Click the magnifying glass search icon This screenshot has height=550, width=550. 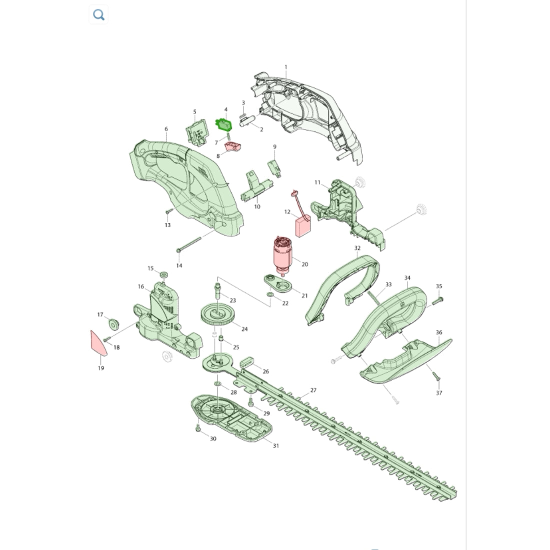[98, 14]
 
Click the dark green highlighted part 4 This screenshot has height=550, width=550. [223, 124]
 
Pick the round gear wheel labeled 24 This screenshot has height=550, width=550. [217, 314]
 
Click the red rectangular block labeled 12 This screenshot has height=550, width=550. [302, 226]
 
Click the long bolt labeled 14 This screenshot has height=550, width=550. [189, 244]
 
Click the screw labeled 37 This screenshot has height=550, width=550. [436, 376]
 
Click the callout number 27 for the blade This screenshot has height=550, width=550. [313, 390]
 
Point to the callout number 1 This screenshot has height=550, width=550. [286, 67]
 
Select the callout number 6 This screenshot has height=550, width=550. [166, 129]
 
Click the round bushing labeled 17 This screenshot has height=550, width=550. [113, 324]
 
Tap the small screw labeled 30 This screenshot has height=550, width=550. [198, 428]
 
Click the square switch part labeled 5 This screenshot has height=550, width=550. [196, 131]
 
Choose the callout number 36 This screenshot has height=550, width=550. [439, 332]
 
